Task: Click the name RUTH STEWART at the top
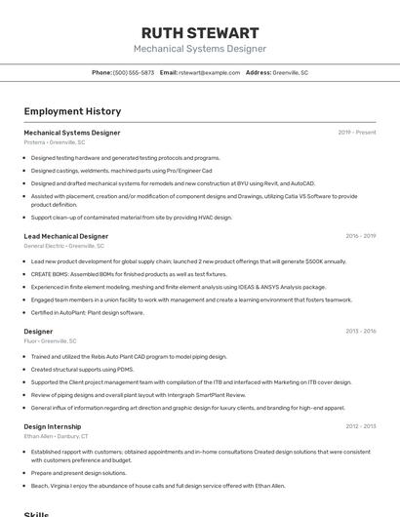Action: pyautogui.click(x=199, y=32)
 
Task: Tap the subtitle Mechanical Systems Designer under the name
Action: pyautogui.click(x=199, y=49)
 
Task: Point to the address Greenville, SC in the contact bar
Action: pyautogui.click(x=290, y=73)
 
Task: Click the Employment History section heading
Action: pyautogui.click(x=72, y=111)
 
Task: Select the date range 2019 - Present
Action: pyautogui.click(x=356, y=133)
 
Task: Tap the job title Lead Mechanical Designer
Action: pyautogui.click(x=65, y=236)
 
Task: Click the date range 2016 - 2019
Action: pyautogui.click(x=360, y=236)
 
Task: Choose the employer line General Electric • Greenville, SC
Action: pyautogui.click(x=65, y=246)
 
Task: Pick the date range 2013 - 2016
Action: pyautogui.click(x=360, y=332)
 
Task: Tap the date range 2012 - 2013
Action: pyautogui.click(x=360, y=426)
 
